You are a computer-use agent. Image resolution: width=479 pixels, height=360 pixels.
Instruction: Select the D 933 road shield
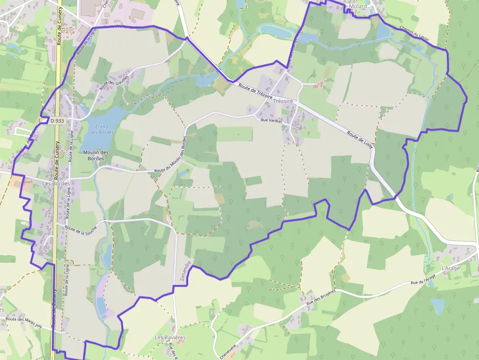[58, 120]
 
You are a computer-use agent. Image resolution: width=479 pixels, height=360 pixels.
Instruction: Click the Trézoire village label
[283, 101]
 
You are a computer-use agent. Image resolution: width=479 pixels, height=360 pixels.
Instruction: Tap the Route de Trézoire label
[255, 90]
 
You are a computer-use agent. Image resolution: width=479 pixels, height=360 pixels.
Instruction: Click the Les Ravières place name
[170, 338]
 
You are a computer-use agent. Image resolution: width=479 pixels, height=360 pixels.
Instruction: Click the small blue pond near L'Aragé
[437, 306]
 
